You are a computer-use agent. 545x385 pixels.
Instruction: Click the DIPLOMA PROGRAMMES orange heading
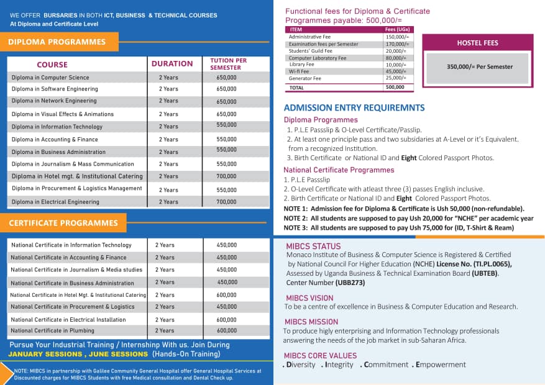pos(57,42)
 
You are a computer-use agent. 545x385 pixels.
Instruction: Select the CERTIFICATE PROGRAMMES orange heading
pos(63,223)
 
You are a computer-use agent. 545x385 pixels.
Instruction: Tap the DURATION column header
pos(172,63)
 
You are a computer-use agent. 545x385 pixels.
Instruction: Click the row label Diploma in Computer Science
pos(50,78)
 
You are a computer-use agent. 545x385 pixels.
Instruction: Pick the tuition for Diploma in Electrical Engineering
pos(226,202)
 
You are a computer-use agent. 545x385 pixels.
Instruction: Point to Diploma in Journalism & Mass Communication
pos(73,164)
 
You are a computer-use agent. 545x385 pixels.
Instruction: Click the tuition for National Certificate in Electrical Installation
pos(227,319)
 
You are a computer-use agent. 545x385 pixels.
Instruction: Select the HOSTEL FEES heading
pos(477,43)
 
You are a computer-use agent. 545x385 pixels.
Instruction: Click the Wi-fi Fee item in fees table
pos(299,71)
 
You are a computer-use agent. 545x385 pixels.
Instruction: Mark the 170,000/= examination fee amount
pos(396,44)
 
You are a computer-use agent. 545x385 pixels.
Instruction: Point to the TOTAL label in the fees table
pos(296,88)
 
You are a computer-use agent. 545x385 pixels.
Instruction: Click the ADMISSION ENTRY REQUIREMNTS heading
pos(354,108)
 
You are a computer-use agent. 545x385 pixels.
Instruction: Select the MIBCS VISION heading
pos(309,298)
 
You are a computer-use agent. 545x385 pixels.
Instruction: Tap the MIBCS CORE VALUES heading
pos(320,356)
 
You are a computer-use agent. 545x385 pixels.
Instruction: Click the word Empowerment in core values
pos(443,365)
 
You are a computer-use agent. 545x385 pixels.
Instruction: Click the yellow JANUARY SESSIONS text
pos(45,354)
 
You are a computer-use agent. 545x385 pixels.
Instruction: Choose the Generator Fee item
pos(305,78)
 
